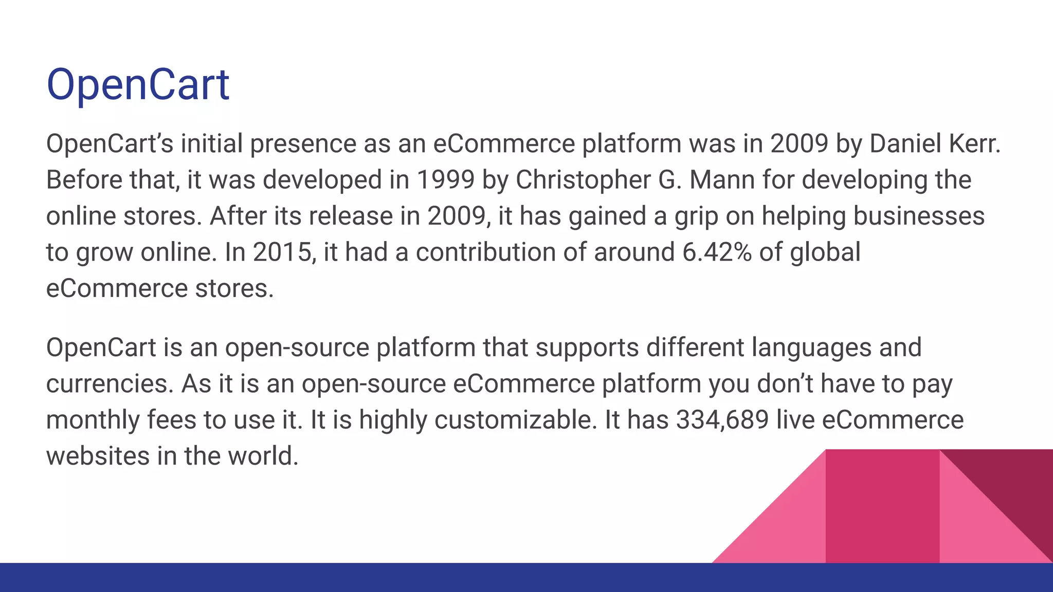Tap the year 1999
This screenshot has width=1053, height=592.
tap(445, 180)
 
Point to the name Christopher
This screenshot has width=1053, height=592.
tap(583, 180)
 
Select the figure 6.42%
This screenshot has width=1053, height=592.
tap(717, 252)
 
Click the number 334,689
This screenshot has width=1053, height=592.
tap(722, 420)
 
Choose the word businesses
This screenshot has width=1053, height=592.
tap(919, 216)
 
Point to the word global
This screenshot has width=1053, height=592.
tap(825, 252)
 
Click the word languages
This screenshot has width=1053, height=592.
tap(811, 347)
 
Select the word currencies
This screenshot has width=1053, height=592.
tap(110, 384)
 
